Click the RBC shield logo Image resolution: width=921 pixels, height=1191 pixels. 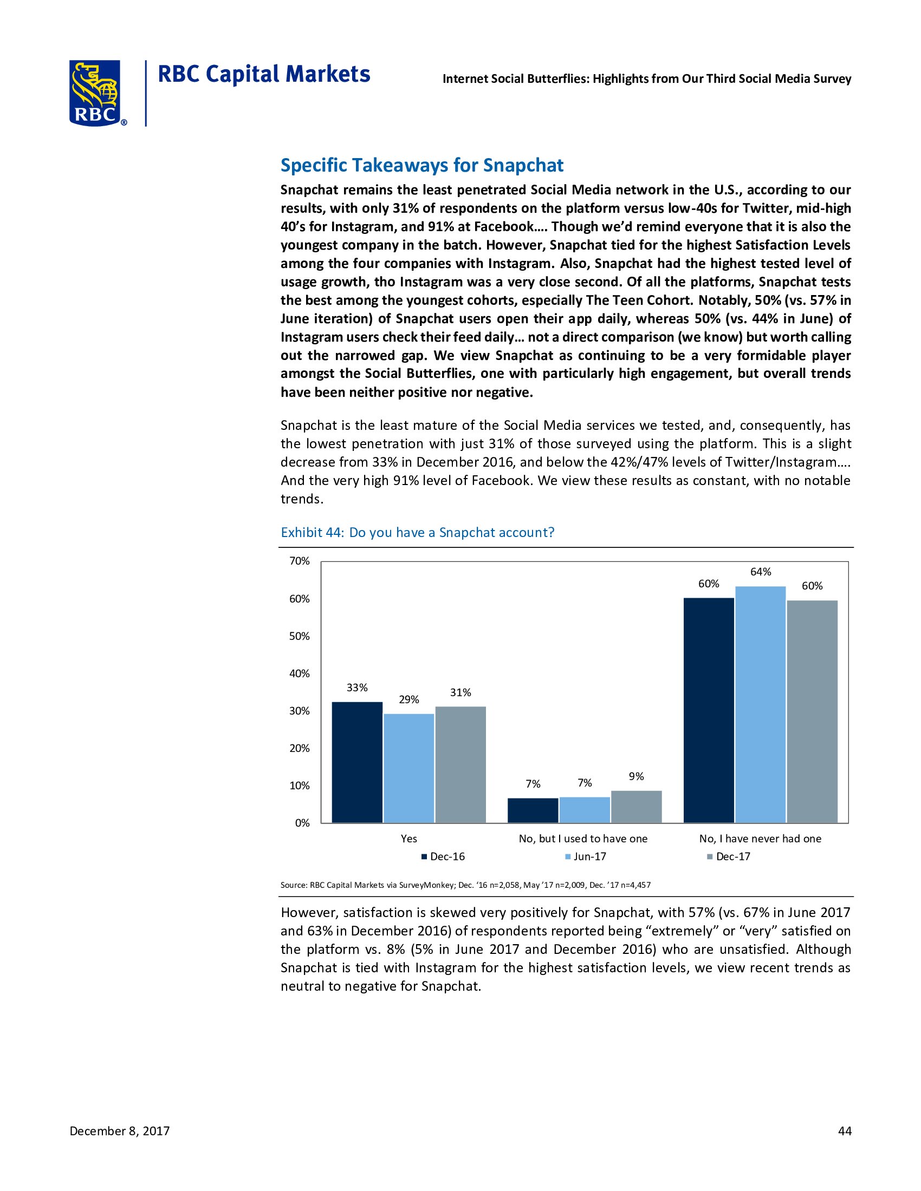(95, 93)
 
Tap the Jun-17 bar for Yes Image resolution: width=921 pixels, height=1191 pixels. (408, 768)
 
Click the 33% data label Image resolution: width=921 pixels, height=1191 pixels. (357, 688)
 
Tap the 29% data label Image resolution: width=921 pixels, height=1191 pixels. (408, 699)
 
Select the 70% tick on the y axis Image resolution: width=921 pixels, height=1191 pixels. (300, 561)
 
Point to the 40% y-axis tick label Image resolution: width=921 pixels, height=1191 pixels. (300, 673)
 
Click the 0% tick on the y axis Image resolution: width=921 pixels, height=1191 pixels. (302, 823)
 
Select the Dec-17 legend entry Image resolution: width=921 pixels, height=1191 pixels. (728, 857)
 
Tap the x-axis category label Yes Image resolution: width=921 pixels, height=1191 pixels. (408, 839)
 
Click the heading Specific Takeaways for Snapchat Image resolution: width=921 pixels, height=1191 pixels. (421, 165)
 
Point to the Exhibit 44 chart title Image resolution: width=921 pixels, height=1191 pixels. (417, 532)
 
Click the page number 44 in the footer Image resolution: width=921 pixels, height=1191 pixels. (844, 1131)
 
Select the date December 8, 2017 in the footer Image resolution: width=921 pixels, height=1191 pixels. (120, 1131)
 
